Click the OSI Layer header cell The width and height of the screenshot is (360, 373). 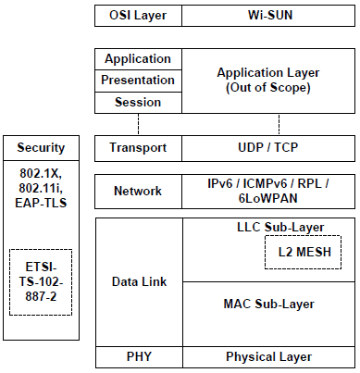pos(138,16)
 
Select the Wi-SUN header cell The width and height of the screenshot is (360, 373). pos(268,16)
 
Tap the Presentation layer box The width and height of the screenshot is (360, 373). pos(138,81)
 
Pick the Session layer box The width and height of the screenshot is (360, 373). pos(138,103)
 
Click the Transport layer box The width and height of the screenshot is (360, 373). pos(138,148)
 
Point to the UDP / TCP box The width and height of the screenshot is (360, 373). pos(268,148)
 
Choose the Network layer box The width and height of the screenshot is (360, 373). pos(138,192)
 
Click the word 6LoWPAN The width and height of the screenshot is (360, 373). pos(268,198)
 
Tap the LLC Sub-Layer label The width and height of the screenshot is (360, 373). pos(280,228)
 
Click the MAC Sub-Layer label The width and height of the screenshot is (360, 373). pos(268,305)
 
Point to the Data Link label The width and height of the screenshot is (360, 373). pos(139,281)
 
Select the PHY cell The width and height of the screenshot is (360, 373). pos(139,357)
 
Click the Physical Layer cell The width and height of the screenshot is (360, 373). pos(268,357)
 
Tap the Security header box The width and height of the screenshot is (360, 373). pos(41,148)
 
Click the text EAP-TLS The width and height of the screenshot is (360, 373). pos(41,203)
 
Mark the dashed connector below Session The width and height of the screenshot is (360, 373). pos(138,124)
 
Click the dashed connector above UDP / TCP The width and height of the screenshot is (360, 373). pos(279,124)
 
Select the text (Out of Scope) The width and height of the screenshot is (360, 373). pos(268,88)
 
